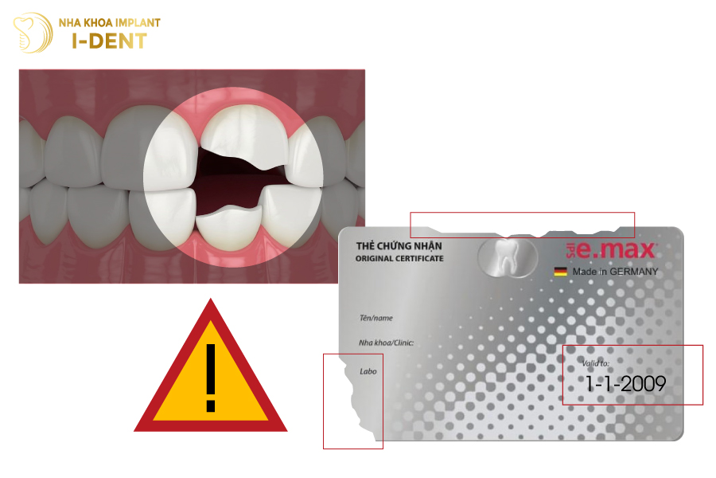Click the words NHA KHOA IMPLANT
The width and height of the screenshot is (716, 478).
tap(109, 22)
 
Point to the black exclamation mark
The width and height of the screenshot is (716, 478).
tap(210, 378)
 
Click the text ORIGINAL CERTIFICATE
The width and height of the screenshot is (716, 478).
tap(399, 259)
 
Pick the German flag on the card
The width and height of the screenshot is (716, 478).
tap(561, 272)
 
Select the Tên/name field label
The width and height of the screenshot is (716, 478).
tap(376, 318)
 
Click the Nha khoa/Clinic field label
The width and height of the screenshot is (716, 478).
tap(387, 343)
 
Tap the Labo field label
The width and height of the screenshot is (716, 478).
tap(368, 371)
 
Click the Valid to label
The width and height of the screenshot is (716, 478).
tap(595, 363)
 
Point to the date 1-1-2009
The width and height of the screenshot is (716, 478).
tap(625, 384)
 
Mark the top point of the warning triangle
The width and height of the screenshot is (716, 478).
tap(210, 302)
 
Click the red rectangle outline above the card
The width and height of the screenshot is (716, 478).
tap(522, 214)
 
